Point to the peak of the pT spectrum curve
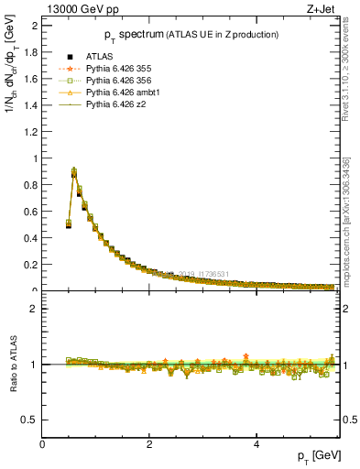click(x=74, y=170)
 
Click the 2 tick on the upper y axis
click(x=36, y=26)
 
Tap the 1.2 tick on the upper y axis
click(x=32, y=132)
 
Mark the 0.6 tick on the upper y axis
click(x=32, y=212)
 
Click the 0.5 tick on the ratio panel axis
click(x=32, y=420)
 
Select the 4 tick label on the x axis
click(x=256, y=445)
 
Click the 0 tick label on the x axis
click(x=43, y=445)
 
